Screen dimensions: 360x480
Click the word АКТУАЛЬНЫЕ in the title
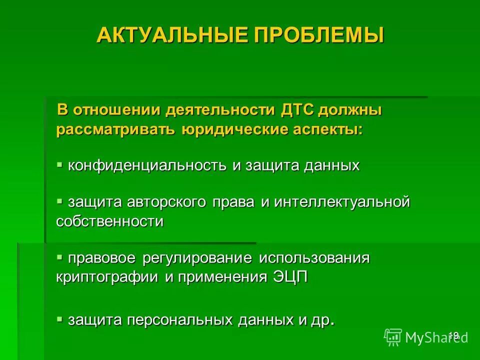pyautogui.click(x=157, y=35)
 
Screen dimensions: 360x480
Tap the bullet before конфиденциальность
pyautogui.click(x=59, y=164)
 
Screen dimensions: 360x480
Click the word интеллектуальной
pyautogui.click(x=342, y=202)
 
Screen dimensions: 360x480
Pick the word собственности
pyautogui.click(x=110, y=221)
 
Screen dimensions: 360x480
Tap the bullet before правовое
pyautogui.click(x=59, y=257)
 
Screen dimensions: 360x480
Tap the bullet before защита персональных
pyautogui.click(x=59, y=318)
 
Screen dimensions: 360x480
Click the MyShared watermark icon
pyautogui.click(x=393, y=337)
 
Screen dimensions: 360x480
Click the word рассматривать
pyautogui.click(x=115, y=129)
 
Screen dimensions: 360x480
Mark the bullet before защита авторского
pyautogui.click(x=59, y=201)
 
